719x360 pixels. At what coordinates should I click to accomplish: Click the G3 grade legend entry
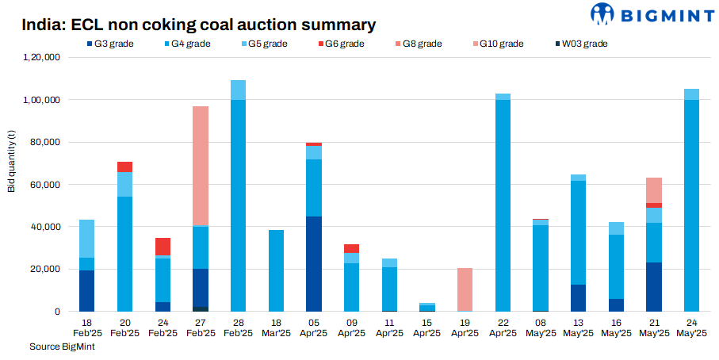point(108,44)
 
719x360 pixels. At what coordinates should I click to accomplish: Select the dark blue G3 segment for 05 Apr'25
point(315,263)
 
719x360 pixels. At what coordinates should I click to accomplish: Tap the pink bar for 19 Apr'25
point(465,289)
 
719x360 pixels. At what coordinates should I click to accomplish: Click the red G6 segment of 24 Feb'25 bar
point(163,247)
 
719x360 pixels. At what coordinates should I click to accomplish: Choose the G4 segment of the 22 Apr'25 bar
point(503,205)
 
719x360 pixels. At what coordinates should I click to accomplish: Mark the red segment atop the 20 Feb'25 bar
point(124,167)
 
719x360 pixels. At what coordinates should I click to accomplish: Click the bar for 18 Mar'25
point(277,270)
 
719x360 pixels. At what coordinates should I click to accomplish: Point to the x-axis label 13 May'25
point(579,328)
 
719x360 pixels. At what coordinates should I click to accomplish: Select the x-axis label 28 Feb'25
point(238,328)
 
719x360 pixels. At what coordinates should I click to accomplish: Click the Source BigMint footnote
point(59,347)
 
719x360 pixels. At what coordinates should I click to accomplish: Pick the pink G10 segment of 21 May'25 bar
point(654,190)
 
